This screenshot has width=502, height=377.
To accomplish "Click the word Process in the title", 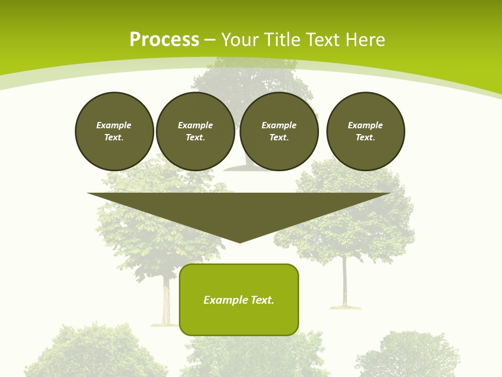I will tap(164, 40).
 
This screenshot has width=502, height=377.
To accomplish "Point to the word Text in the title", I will tap(321, 40).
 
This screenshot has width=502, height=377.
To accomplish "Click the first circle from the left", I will tap(115, 131).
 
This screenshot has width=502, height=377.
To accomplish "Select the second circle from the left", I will tap(196, 131).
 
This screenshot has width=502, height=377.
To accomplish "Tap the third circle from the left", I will tap(279, 131).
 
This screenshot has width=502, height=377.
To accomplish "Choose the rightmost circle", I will tap(366, 131).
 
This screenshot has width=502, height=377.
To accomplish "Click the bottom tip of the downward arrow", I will tap(239, 241).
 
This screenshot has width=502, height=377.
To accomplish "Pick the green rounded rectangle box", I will tap(239, 300).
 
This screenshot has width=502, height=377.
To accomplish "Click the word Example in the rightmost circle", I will tap(366, 125).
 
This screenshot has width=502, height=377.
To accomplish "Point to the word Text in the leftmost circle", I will tap(114, 138).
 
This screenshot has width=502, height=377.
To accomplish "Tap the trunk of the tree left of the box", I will tap(167, 304).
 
